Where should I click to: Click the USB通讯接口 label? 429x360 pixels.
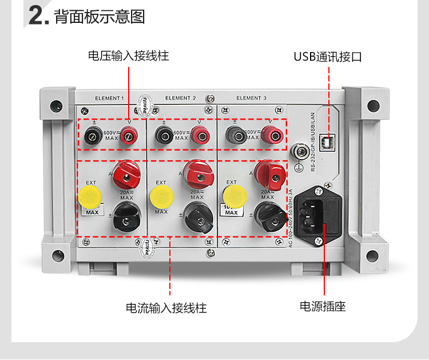(x=328, y=56)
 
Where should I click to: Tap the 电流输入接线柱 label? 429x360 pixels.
(x=166, y=308)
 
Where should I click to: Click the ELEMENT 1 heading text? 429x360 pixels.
(x=109, y=98)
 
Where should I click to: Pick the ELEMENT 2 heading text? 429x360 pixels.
(x=181, y=98)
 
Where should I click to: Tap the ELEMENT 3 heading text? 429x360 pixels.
(x=252, y=98)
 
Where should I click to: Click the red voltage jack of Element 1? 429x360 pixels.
(x=128, y=136)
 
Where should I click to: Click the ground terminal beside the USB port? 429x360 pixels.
(x=298, y=152)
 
